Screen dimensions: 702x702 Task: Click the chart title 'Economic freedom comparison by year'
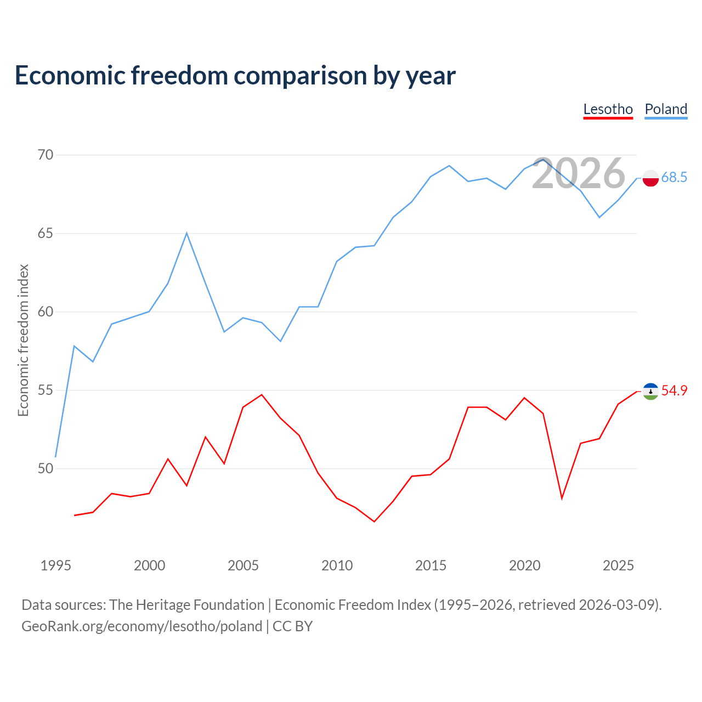pos(235,76)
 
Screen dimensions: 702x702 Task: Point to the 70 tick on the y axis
pos(46,155)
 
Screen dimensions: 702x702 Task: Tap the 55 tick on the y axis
pos(46,390)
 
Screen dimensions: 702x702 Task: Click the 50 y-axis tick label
pos(46,468)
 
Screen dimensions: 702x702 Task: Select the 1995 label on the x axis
pos(56,565)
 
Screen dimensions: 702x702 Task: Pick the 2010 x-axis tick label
pos(337,565)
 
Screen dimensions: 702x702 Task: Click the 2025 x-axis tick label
pos(618,565)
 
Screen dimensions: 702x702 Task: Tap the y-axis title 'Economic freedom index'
pos(23,340)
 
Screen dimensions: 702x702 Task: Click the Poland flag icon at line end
pos(650,178)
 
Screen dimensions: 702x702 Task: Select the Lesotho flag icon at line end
pos(650,392)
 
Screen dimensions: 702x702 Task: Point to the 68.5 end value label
pos(674,177)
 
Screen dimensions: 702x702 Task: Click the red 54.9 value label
pos(674,390)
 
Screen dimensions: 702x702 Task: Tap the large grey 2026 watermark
pos(579,173)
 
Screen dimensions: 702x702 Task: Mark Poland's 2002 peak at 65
pos(186,233)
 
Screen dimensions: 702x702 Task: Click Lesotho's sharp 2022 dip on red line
pos(562,498)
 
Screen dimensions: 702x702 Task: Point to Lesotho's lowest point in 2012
pos(374,522)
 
